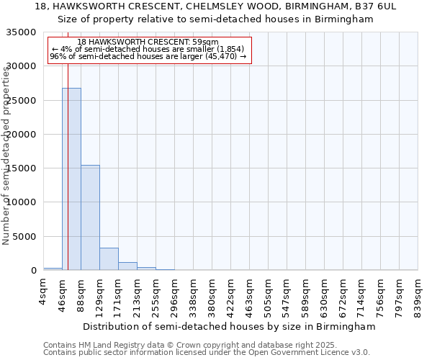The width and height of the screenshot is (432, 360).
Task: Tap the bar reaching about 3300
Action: [x=109, y=258]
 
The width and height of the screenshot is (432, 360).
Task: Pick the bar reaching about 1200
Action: [x=127, y=266]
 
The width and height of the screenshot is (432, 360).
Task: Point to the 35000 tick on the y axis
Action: [x=22, y=32]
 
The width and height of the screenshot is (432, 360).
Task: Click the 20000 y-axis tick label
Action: [x=22, y=135]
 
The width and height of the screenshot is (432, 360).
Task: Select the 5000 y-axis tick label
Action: [x=25, y=237]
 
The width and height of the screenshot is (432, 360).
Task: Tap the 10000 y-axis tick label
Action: [x=22, y=203]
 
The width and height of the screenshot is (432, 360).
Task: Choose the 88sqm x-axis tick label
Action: [x=81, y=292]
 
